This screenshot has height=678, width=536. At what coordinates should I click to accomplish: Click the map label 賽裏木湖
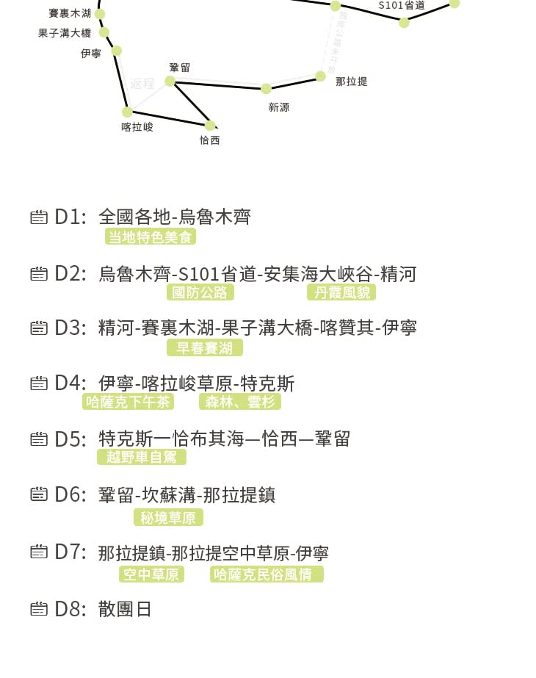(70, 13)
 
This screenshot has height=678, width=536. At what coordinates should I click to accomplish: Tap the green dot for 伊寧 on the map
(117, 51)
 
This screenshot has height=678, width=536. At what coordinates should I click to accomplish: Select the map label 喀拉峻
(137, 127)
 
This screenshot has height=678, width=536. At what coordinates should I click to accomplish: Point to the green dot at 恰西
(210, 126)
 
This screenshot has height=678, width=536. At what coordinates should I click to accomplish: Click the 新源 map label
(279, 107)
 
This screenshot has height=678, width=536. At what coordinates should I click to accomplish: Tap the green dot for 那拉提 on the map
(320, 76)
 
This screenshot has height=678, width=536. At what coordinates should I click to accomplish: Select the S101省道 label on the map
(402, 5)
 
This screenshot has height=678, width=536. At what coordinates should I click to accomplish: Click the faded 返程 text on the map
(142, 84)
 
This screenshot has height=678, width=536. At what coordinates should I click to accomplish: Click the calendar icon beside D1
(39, 217)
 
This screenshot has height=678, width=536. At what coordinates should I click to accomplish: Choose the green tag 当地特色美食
(150, 237)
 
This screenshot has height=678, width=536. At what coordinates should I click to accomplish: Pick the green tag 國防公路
(200, 292)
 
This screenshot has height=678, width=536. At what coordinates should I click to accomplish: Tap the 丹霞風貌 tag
(341, 292)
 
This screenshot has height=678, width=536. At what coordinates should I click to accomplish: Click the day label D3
(70, 328)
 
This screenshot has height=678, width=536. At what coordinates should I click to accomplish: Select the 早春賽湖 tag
(205, 347)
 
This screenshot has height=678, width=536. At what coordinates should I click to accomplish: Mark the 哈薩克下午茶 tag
(128, 402)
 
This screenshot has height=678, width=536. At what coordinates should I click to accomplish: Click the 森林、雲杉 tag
(240, 402)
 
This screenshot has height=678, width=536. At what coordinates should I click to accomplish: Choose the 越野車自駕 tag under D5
(142, 457)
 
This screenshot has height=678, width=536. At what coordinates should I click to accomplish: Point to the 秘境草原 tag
(168, 518)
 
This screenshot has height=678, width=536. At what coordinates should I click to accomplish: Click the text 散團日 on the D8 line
(125, 609)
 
